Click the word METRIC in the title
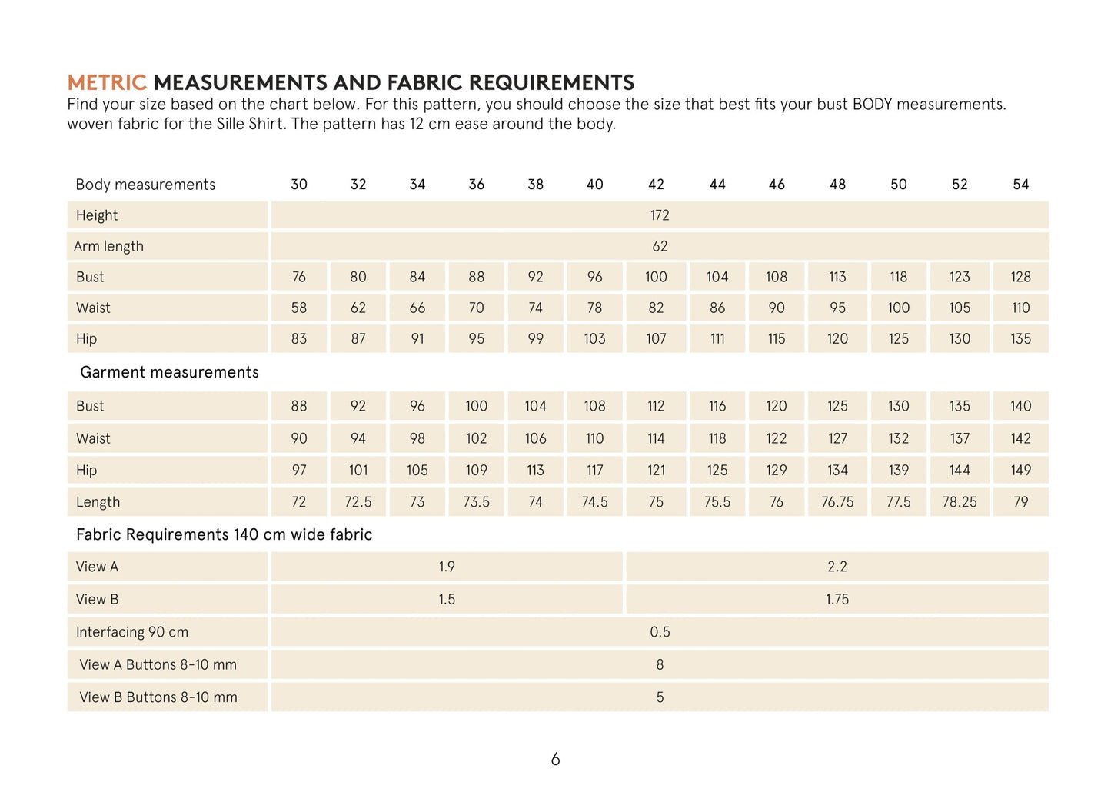pos(106,82)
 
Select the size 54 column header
pos(1020,185)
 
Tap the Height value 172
pos(660,215)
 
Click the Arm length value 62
pos(660,246)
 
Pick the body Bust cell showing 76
pos(299,277)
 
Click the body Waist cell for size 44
pos(717,308)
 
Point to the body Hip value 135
pos(1020,338)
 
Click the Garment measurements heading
pos(169,372)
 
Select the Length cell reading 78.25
pos(960,502)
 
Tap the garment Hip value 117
pos(594,470)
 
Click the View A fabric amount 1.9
pos(447,567)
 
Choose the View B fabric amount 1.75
pos(837,599)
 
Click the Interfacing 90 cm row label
pos(132,632)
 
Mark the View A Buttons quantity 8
pos(660,664)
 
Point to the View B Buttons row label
pos(158,697)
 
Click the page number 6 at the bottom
pos(555,760)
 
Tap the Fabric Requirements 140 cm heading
pos(224,534)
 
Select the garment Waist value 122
pos(777,438)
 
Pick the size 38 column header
pos(535,185)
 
